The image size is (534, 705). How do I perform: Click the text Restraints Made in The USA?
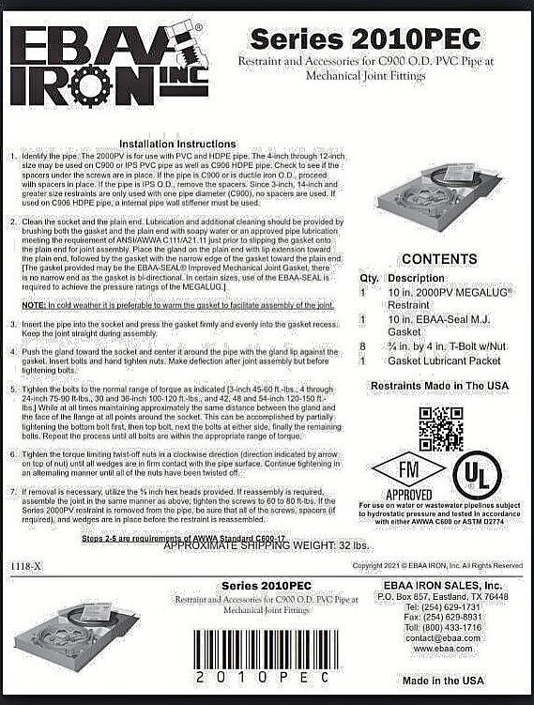pos(439,386)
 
